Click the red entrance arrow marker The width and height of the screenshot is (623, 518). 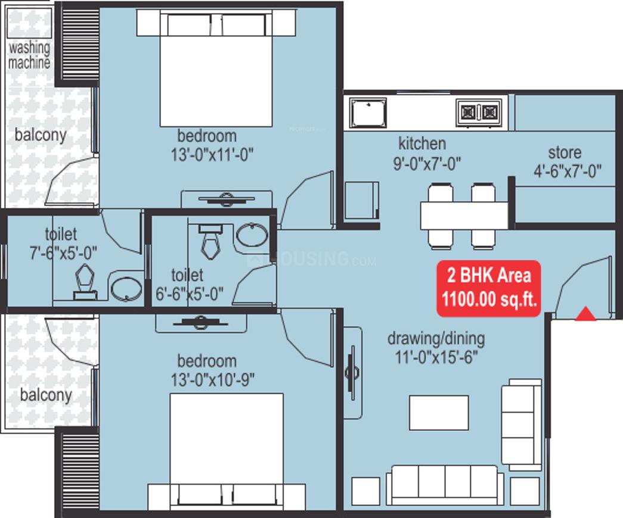coord(585,314)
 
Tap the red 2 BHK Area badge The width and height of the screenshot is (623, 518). coord(489,288)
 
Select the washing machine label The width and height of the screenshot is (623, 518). coord(29,55)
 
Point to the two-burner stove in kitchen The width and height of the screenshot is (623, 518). coord(478,111)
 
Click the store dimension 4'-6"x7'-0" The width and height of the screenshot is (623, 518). coord(567,171)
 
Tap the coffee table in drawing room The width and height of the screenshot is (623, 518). coord(438,412)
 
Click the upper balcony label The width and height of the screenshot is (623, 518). coord(41,135)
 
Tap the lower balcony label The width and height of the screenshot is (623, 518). coord(46,394)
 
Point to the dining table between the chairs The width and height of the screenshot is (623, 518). coord(463,216)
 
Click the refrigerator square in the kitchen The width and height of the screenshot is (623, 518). coord(361,201)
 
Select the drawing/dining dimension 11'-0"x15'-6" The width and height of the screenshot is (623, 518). coord(436,357)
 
